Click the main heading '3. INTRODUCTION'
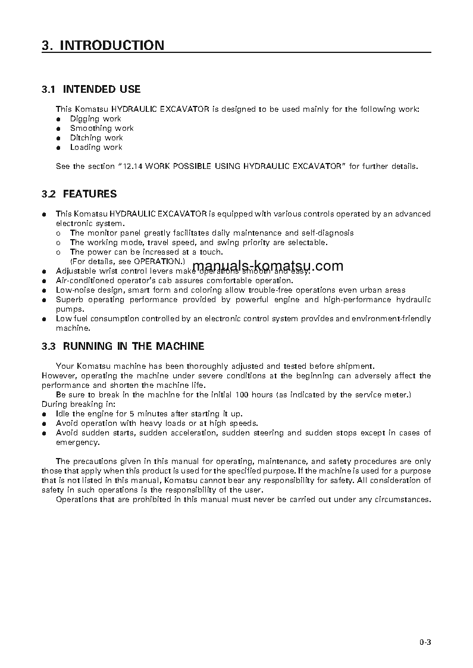click(103, 45)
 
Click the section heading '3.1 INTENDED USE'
click(91, 89)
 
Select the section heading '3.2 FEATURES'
click(79, 194)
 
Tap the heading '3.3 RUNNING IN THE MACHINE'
click(123, 346)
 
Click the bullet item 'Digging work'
click(95, 119)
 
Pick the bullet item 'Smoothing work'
click(102, 128)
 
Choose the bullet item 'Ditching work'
click(96, 138)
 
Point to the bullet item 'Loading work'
click(96, 148)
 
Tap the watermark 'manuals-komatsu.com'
click(268, 266)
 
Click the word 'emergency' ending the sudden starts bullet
click(77, 443)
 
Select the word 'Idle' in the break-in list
click(62, 414)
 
